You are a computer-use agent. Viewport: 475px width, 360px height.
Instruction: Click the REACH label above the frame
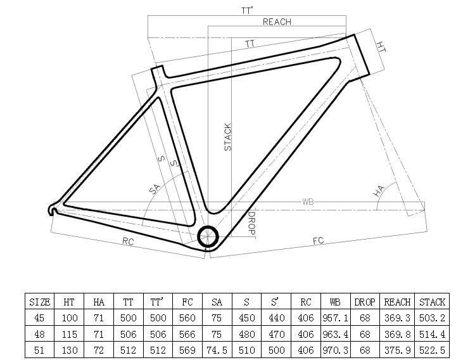click(x=277, y=22)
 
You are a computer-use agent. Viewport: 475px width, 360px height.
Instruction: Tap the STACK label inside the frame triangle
click(x=227, y=137)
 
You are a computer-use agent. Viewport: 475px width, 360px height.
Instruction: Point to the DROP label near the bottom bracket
click(x=251, y=223)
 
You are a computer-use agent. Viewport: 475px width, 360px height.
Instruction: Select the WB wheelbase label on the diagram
click(x=307, y=202)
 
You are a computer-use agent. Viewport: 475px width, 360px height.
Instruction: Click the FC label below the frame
click(x=319, y=241)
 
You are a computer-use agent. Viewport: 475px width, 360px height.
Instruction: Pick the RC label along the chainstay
click(x=128, y=241)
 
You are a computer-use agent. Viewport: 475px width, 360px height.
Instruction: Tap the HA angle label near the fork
click(x=379, y=191)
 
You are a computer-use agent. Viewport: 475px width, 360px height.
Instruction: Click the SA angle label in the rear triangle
click(x=154, y=189)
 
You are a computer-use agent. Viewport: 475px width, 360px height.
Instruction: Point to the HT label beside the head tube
click(x=381, y=47)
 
